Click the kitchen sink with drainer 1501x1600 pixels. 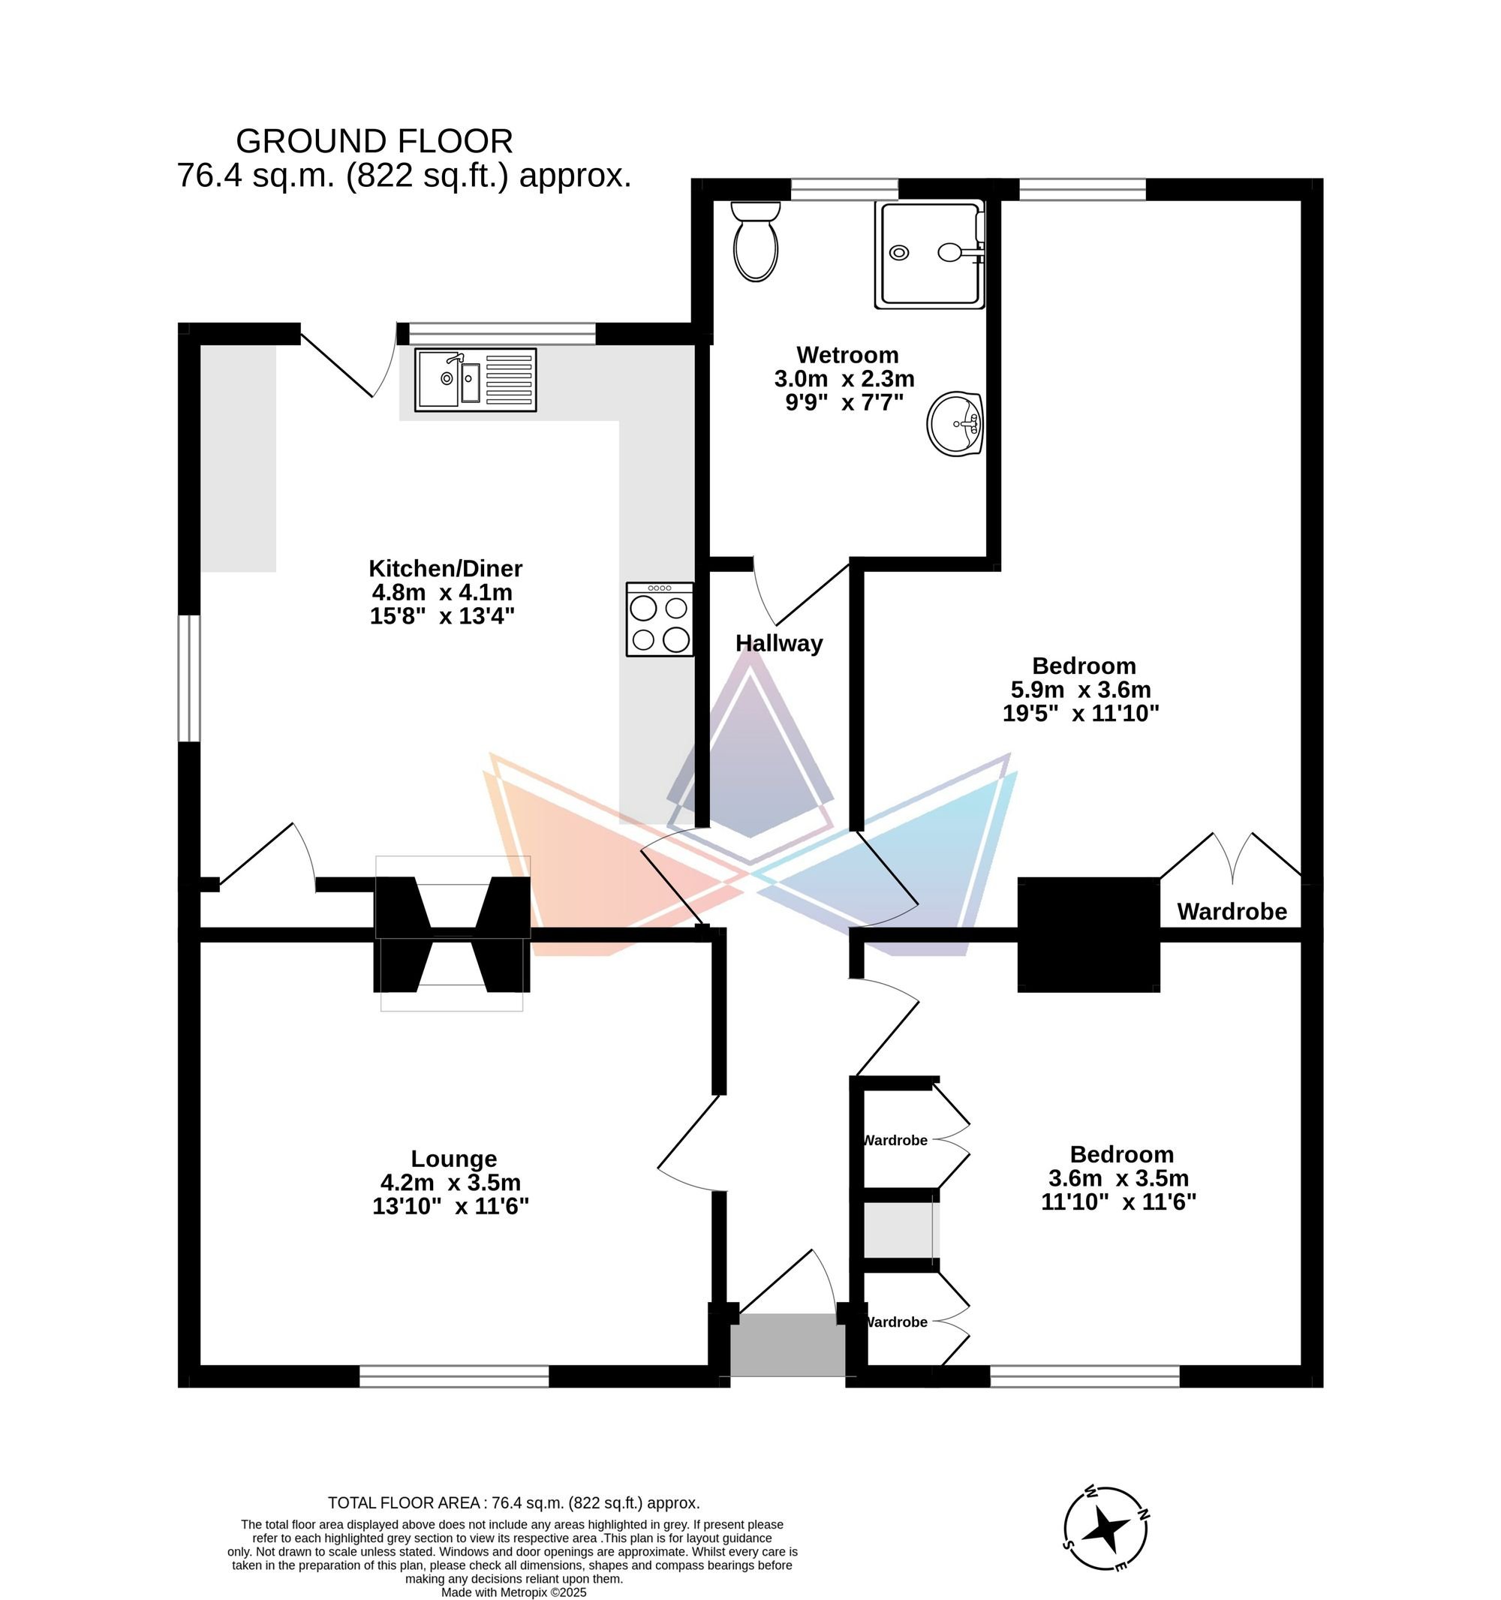(476, 380)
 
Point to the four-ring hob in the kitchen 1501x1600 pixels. (660, 619)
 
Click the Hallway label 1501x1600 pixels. (779, 643)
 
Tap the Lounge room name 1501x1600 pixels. (454, 1158)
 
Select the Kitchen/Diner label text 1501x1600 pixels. (446, 568)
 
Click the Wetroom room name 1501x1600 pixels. (847, 355)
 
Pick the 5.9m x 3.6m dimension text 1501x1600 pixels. (1081, 690)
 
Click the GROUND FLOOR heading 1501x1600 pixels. (374, 142)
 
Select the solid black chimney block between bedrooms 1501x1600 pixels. (1089, 934)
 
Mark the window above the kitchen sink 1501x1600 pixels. (502, 333)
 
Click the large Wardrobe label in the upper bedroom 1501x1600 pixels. (1232, 911)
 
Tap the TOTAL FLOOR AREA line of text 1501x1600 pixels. (514, 1502)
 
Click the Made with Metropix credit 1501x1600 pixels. (514, 1592)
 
